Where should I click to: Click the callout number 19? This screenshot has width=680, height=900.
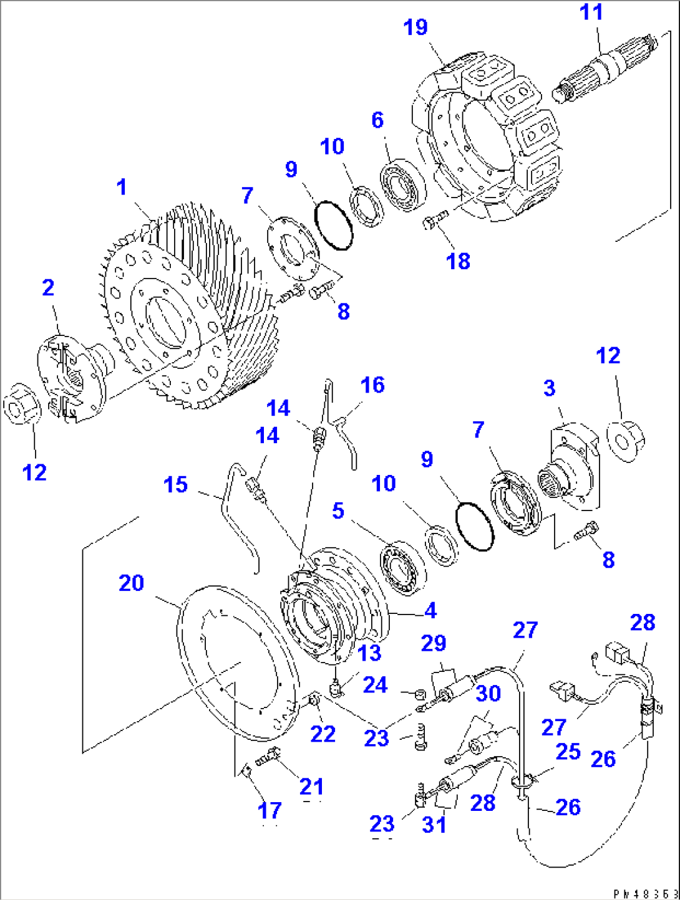click(x=415, y=27)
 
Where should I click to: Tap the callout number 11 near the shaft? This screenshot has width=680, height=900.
click(x=591, y=12)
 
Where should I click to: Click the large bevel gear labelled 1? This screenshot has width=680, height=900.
click(x=187, y=305)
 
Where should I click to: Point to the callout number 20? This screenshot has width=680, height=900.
click(x=131, y=583)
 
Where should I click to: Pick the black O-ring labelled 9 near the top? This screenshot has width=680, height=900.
click(x=334, y=225)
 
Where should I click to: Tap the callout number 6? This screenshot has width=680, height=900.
click(x=377, y=120)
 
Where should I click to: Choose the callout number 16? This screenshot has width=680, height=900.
click(x=372, y=385)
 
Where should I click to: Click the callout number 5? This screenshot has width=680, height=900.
click(x=338, y=510)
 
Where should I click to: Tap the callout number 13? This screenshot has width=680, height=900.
click(x=369, y=653)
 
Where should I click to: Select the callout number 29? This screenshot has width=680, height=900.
click(x=434, y=643)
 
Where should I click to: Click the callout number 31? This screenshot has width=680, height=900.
click(x=434, y=825)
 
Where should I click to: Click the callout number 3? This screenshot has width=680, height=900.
click(x=549, y=388)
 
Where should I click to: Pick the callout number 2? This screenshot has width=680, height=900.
click(x=48, y=287)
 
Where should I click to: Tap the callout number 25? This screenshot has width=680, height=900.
click(x=568, y=752)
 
